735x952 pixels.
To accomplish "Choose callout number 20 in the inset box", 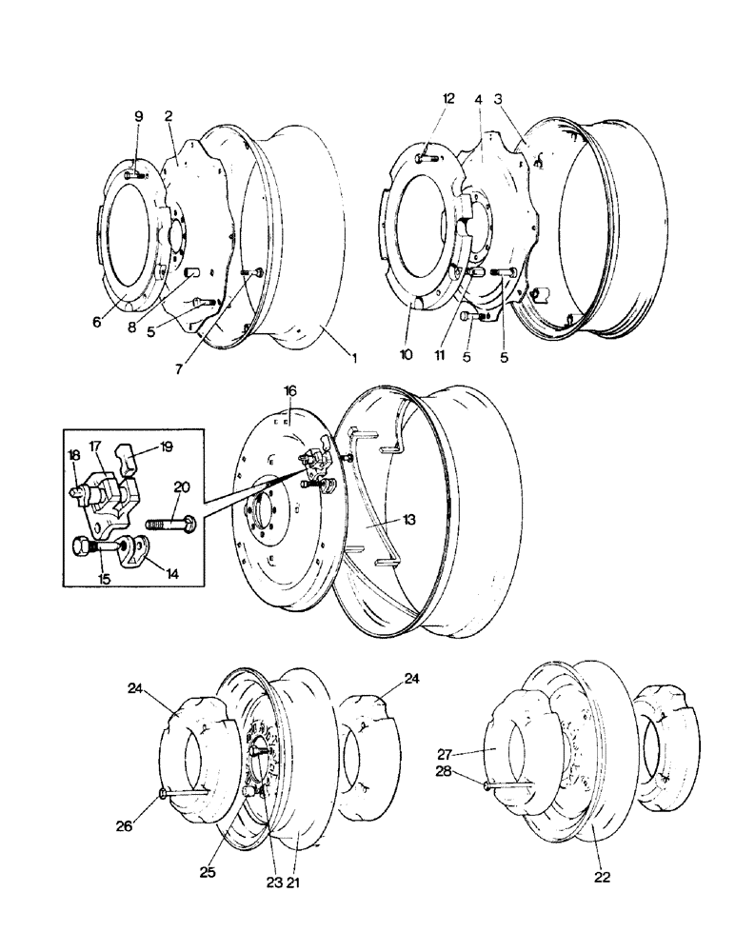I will coord(182,486).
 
